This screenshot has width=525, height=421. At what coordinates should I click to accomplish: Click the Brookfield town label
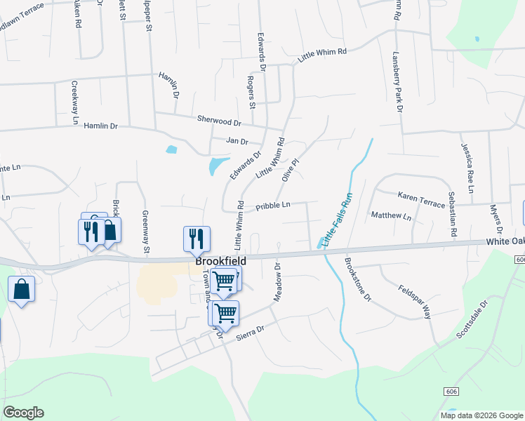[x=220, y=261]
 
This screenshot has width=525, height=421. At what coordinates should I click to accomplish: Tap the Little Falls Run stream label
[x=337, y=218]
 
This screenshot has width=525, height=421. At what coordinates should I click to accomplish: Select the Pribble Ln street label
[x=273, y=206]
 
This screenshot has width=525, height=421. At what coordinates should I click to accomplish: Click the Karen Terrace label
[x=421, y=199]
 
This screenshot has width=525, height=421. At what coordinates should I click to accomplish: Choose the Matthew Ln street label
[x=391, y=215]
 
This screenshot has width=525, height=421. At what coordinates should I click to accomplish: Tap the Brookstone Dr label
[x=357, y=279]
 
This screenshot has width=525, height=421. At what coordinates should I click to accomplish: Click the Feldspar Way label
[x=414, y=302]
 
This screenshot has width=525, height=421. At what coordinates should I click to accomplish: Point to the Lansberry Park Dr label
[x=399, y=81]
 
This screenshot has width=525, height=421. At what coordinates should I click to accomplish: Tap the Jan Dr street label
[x=237, y=141]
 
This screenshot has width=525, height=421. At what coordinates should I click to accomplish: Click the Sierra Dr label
[x=250, y=328]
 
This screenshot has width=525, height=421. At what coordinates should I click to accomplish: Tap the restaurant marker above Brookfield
[x=197, y=238]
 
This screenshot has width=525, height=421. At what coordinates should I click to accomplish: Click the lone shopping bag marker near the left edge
[x=22, y=289]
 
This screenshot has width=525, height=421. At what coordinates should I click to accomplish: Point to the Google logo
[x=23, y=413]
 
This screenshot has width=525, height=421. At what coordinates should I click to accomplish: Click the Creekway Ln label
[x=74, y=102]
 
